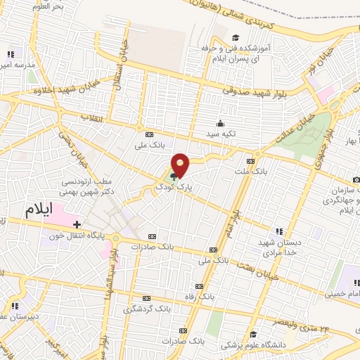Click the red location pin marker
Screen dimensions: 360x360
pos(181,165)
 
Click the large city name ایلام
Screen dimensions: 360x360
pos(39,210)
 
